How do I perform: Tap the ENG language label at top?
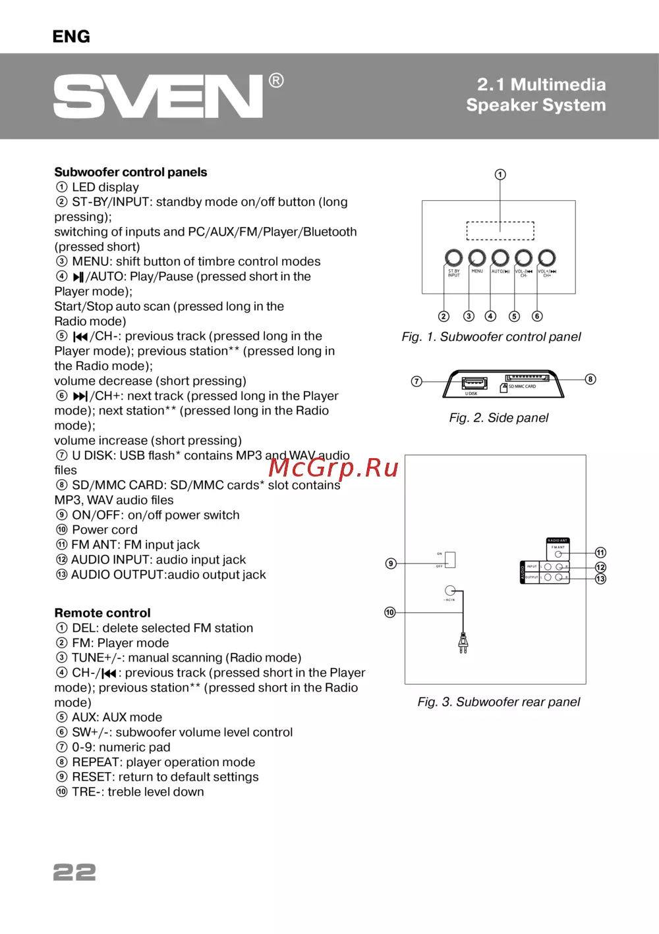point(71,37)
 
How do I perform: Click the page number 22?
point(74,872)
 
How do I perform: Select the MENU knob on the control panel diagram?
point(477,257)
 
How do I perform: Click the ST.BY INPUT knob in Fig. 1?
point(453,257)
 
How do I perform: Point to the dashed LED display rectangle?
point(500,231)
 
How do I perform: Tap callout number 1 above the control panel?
point(500,174)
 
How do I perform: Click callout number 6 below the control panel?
point(537,316)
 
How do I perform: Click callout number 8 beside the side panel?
point(590,379)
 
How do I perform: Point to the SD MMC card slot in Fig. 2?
point(527,378)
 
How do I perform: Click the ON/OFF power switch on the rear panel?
point(450,559)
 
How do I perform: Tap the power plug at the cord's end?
point(463,642)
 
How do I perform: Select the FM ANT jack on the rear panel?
point(558,554)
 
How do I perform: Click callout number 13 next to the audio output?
point(600,579)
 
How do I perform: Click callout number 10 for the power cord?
point(390,613)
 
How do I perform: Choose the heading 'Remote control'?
point(102,613)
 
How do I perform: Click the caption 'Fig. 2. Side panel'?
point(498,418)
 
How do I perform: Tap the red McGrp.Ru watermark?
point(333,468)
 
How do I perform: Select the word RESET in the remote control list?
point(92,777)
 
